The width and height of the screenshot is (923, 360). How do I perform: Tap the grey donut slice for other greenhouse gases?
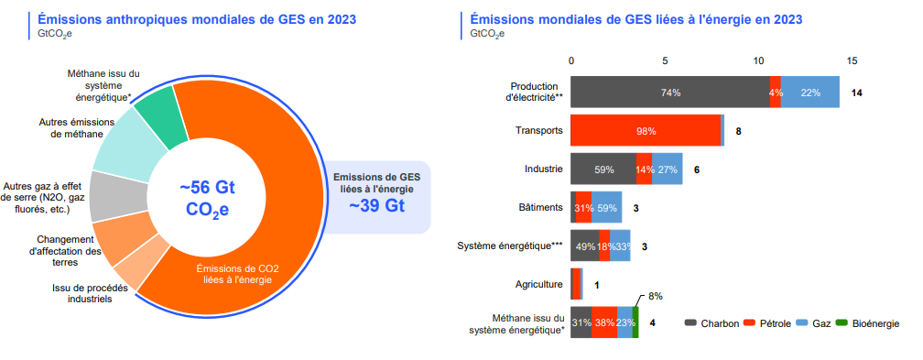[114, 195]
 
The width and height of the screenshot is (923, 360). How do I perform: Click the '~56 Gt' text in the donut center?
[207, 187]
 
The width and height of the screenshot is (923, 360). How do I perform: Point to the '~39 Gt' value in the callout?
[376, 205]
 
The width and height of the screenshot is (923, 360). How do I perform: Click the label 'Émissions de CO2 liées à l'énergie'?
[238, 274]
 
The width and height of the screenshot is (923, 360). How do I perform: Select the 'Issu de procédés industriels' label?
[82, 293]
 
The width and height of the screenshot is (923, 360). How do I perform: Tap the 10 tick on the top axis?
[758, 61]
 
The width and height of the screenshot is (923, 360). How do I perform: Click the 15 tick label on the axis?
[852, 61]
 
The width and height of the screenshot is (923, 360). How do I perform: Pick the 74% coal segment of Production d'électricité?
[670, 93]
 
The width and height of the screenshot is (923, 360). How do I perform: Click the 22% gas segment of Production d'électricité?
[809, 93]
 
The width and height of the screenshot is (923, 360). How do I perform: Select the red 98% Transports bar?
[646, 131]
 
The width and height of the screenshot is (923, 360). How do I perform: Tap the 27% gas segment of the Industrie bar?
[668, 169]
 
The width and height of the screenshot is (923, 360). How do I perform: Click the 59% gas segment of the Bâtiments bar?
[606, 208]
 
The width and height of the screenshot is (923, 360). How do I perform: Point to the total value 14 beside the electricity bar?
[857, 93]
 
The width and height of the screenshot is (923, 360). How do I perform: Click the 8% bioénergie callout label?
[655, 297]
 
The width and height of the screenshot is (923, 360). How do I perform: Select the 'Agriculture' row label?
[538, 284]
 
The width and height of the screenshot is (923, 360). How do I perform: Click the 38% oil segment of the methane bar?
[603, 322]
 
